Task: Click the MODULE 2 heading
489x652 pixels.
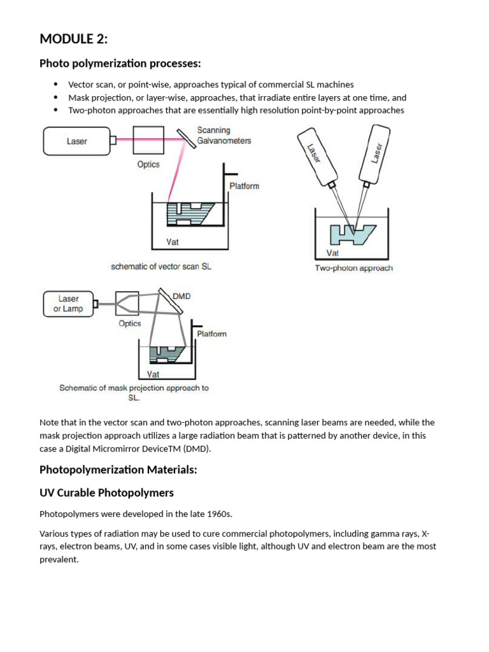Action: (x=74, y=39)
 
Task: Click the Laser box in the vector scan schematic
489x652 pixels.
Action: (x=76, y=141)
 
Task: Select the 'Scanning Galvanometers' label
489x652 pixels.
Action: (x=223, y=136)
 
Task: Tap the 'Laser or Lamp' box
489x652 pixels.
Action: (x=68, y=304)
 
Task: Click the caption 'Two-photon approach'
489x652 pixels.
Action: (x=353, y=268)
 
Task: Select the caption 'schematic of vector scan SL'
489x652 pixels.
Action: (x=160, y=267)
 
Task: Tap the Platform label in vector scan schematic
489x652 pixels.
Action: (x=244, y=186)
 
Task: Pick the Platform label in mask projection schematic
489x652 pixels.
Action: (x=211, y=334)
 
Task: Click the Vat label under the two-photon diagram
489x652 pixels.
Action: (x=332, y=253)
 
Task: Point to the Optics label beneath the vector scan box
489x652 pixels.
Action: (x=148, y=164)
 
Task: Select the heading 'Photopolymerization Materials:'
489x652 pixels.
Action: (x=118, y=470)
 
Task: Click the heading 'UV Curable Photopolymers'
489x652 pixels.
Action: (x=106, y=493)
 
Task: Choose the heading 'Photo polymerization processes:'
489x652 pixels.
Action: (x=120, y=64)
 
